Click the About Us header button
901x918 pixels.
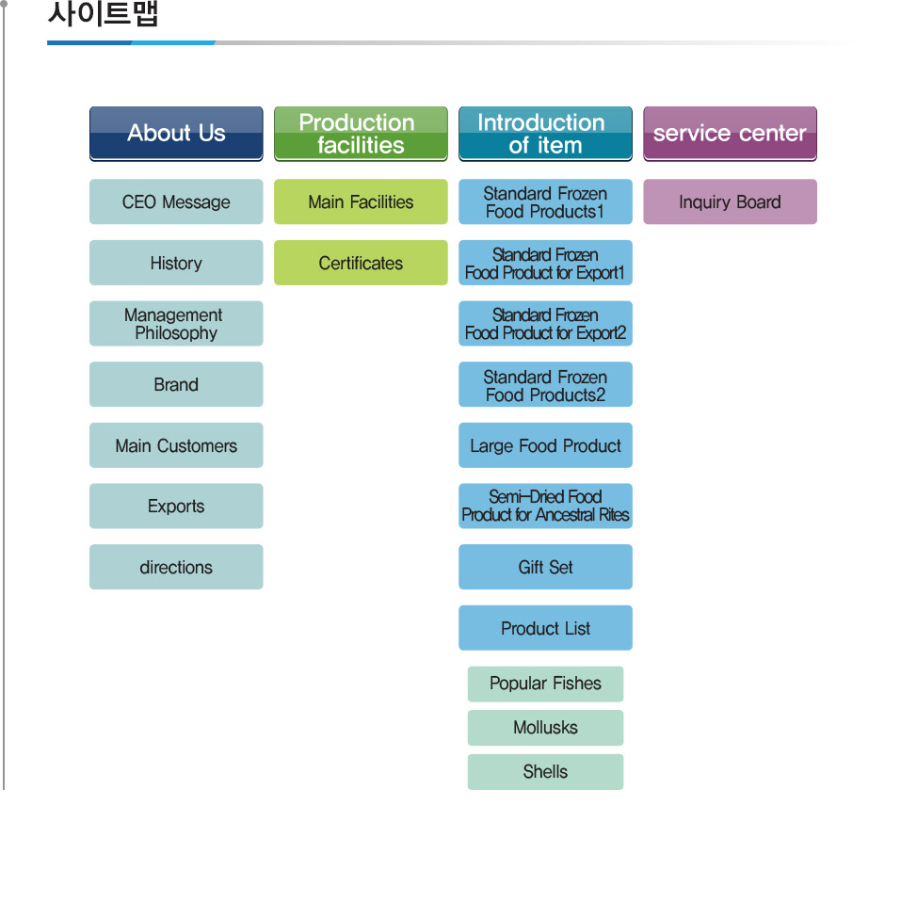[x=176, y=134]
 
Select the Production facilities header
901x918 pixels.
[x=361, y=134]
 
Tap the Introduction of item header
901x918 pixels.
[x=546, y=134]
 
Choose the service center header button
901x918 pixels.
[x=730, y=134]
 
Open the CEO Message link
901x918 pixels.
[x=176, y=202]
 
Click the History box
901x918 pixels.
[x=176, y=263]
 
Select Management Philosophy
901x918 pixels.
[x=176, y=324]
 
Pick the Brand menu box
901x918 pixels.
[x=176, y=385]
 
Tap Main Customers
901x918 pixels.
[x=176, y=445]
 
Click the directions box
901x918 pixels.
[x=176, y=567]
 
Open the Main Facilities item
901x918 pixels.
[x=361, y=202]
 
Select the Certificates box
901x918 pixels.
[x=361, y=263]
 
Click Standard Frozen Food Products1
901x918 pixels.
[x=546, y=202]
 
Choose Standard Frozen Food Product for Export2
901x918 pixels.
[x=546, y=324]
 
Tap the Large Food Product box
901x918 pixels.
[x=546, y=445]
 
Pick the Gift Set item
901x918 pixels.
[x=546, y=567]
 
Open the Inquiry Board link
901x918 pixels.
[x=730, y=202]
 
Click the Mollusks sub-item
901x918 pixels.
[x=546, y=728]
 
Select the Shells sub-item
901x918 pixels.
[x=546, y=772]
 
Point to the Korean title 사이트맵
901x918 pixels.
[x=103, y=13]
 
